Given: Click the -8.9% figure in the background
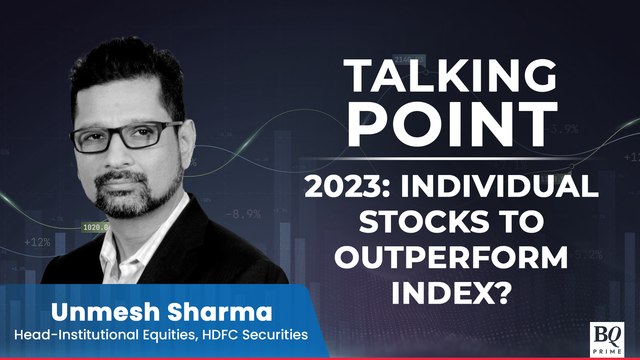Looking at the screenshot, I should click(x=243, y=213).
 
